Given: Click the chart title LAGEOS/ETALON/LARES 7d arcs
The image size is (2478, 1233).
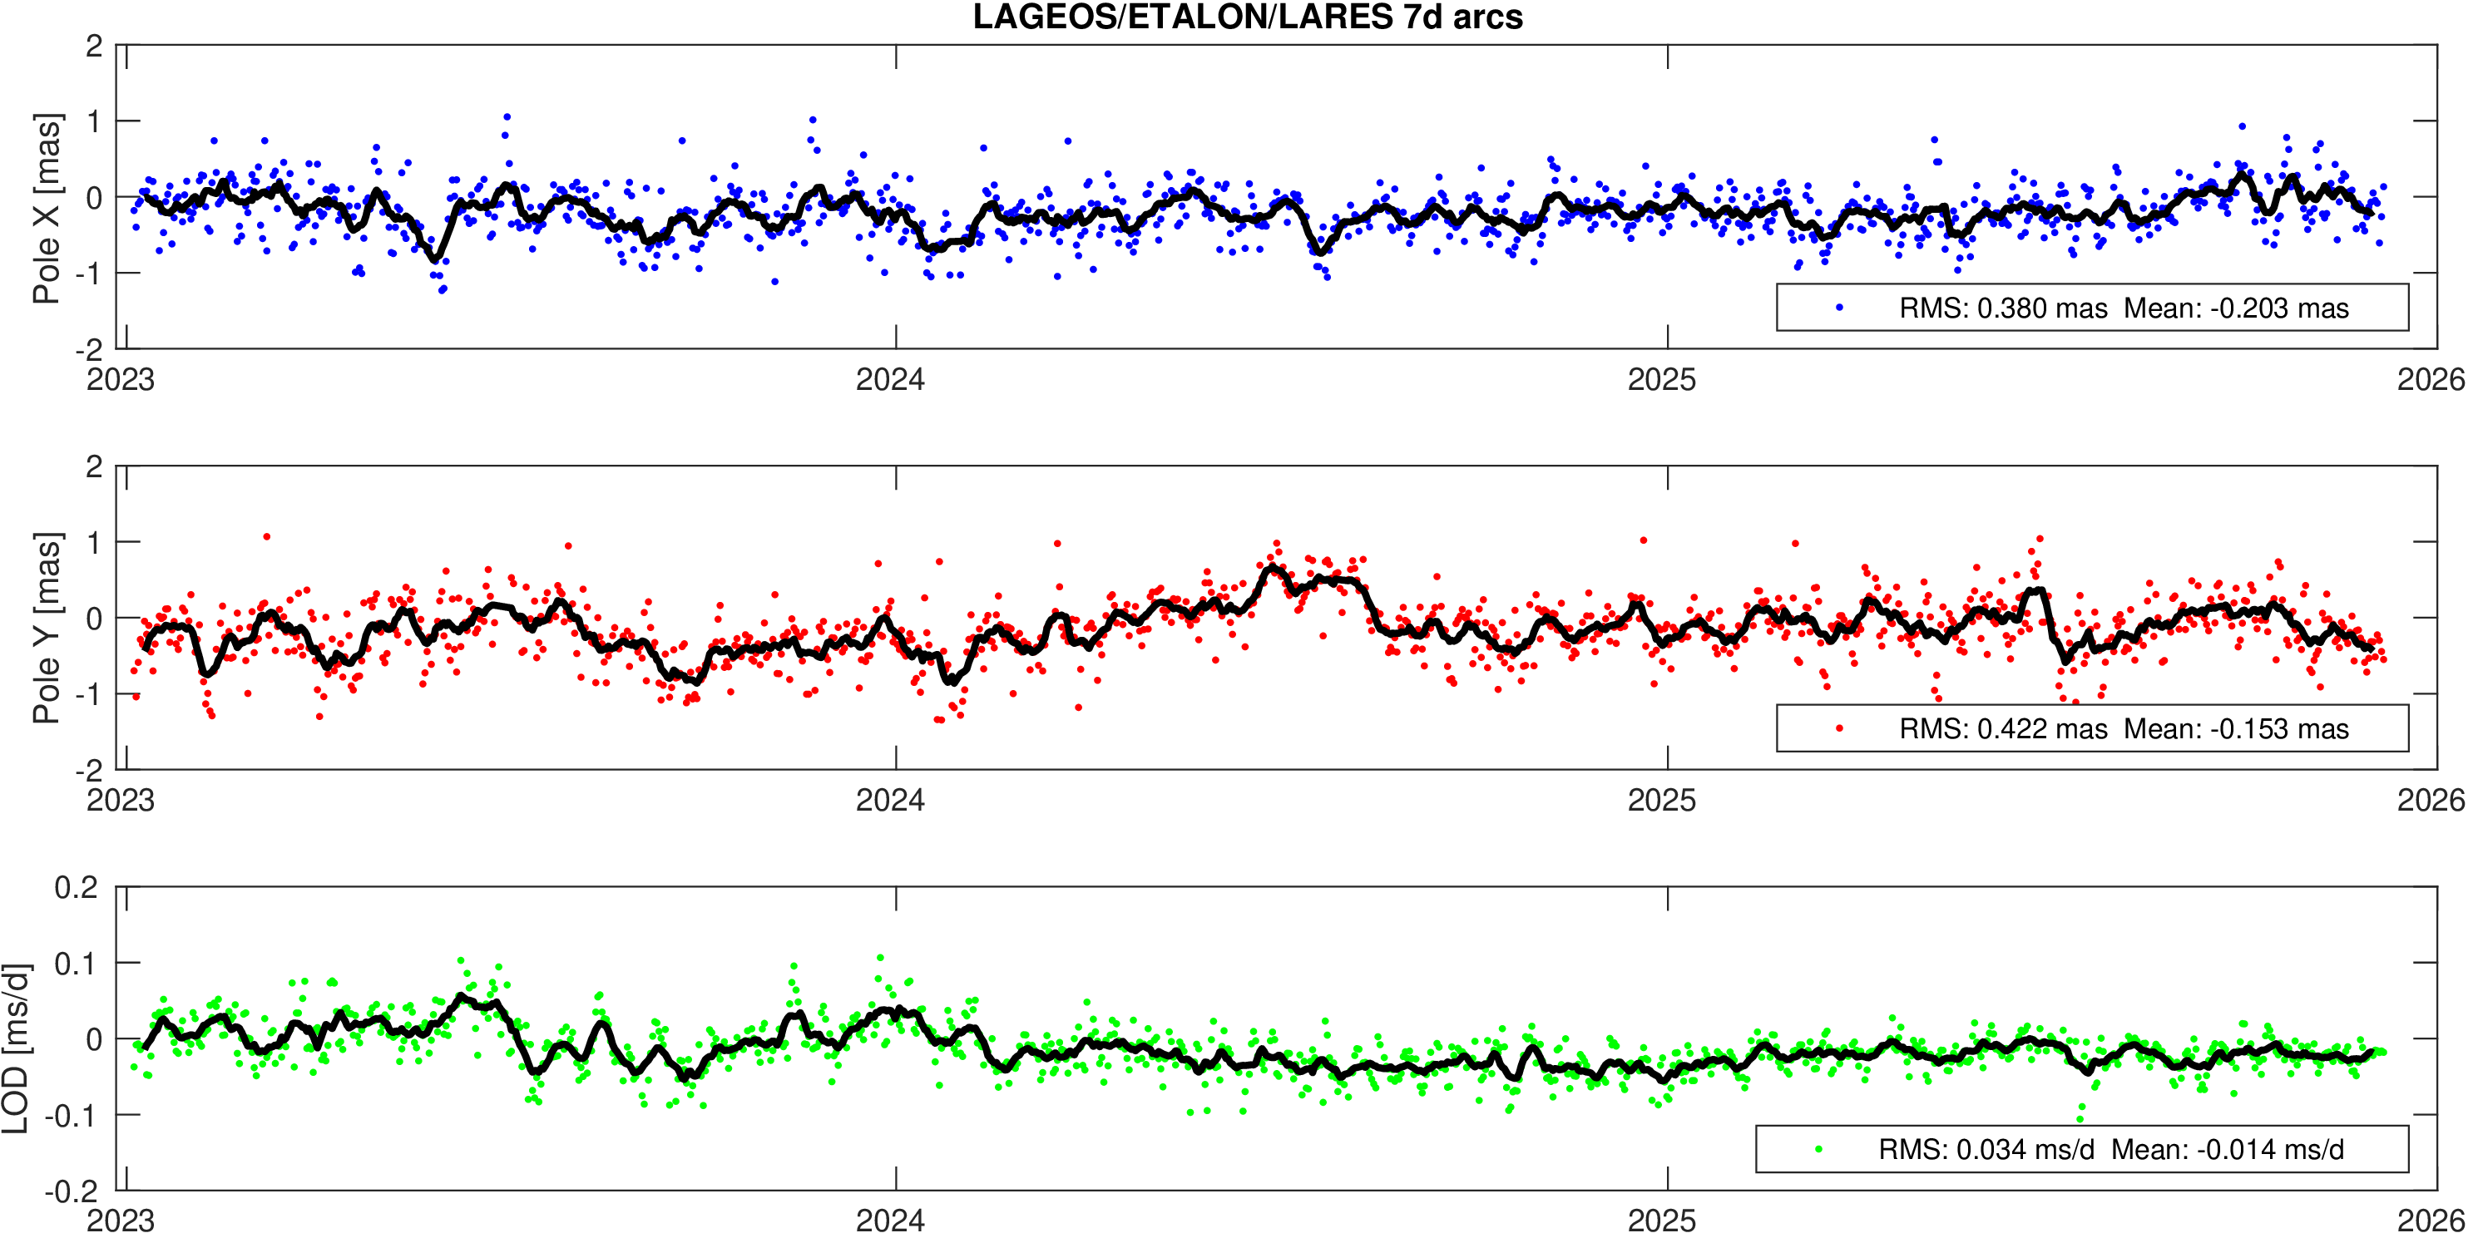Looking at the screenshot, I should pyautogui.click(x=1248, y=17).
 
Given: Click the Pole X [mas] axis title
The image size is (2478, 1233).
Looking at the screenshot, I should pyautogui.click(x=47, y=208).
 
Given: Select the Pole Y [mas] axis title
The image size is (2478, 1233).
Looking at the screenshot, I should pyautogui.click(x=47, y=627).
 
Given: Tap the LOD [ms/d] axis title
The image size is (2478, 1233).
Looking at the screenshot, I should pyautogui.click(x=16, y=1048).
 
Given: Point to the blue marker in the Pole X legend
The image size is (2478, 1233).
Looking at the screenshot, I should pyautogui.click(x=1839, y=308).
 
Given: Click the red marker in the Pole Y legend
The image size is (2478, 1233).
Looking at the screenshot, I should pyautogui.click(x=1839, y=729).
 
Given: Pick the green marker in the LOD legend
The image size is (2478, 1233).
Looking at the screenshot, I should pyautogui.click(x=1818, y=1149).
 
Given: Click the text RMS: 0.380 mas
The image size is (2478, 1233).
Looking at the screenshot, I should pyautogui.click(x=2003, y=308).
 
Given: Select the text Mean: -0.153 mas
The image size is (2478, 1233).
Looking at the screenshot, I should pyautogui.click(x=2236, y=729).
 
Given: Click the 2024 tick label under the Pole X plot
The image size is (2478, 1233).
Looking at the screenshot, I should pyautogui.click(x=890, y=380).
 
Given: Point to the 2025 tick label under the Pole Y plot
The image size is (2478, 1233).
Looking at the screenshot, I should pyautogui.click(x=1661, y=800).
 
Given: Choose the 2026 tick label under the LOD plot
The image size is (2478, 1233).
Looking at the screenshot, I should pyautogui.click(x=2431, y=1221).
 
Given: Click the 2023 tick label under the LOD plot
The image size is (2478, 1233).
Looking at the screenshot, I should pyautogui.click(x=121, y=1221).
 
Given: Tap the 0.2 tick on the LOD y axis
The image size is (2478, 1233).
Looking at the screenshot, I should pyautogui.click(x=77, y=887).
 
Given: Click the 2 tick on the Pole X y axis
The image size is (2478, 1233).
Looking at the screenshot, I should pyautogui.click(x=93, y=47).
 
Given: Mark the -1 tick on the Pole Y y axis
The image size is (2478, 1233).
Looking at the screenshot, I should pyautogui.click(x=87, y=694).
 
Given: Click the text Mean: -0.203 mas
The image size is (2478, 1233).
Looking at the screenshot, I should pyautogui.click(x=2236, y=308).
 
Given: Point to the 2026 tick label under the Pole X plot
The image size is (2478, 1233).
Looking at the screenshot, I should pyautogui.click(x=2431, y=380).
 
